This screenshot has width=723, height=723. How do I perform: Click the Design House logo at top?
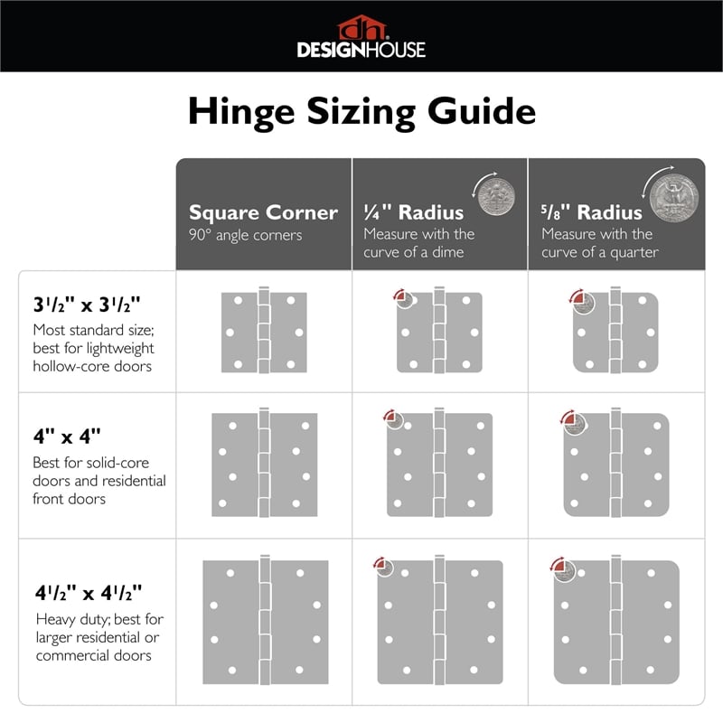[x=361, y=37]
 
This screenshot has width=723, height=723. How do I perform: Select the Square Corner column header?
[x=263, y=212]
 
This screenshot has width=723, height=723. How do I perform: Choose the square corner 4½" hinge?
[x=263, y=621]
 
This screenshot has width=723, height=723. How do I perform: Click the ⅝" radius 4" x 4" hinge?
[x=616, y=465]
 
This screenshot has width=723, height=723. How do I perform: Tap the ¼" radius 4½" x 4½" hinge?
[x=439, y=621]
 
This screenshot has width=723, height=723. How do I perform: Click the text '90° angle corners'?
[x=245, y=235]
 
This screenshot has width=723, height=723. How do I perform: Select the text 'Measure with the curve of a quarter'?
[x=600, y=243]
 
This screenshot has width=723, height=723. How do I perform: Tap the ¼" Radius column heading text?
[x=413, y=212]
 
